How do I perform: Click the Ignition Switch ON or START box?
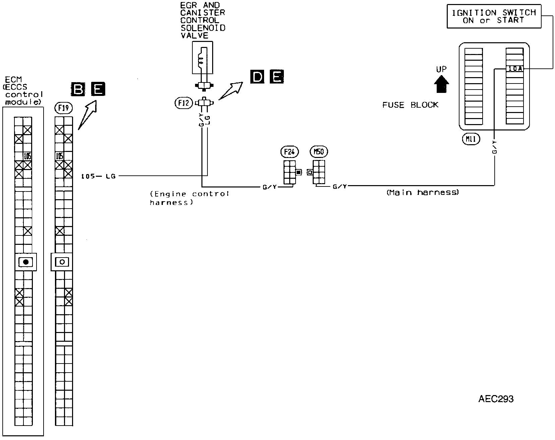pyautogui.click(x=494, y=16)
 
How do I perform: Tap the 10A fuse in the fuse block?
pyautogui.click(x=514, y=69)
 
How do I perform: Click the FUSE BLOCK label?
pyautogui.click(x=410, y=105)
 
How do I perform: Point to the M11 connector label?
pyautogui.click(x=471, y=139)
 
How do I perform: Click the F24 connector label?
pyautogui.click(x=289, y=152)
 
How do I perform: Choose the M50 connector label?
pyautogui.click(x=319, y=152)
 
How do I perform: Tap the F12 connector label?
pyautogui.click(x=184, y=103)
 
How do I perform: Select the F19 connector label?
pyautogui.click(x=63, y=108)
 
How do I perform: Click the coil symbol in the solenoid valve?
pyautogui.click(x=201, y=60)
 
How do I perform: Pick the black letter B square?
pyautogui.click(x=78, y=89)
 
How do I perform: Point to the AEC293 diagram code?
pyautogui.click(x=496, y=399)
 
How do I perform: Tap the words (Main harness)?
pyautogui.click(x=422, y=192)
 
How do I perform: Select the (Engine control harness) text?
pyautogui.click(x=189, y=198)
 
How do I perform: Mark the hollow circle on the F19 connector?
pyautogui.click(x=62, y=262)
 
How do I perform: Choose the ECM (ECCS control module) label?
pyautogui.click(x=23, y=91)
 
